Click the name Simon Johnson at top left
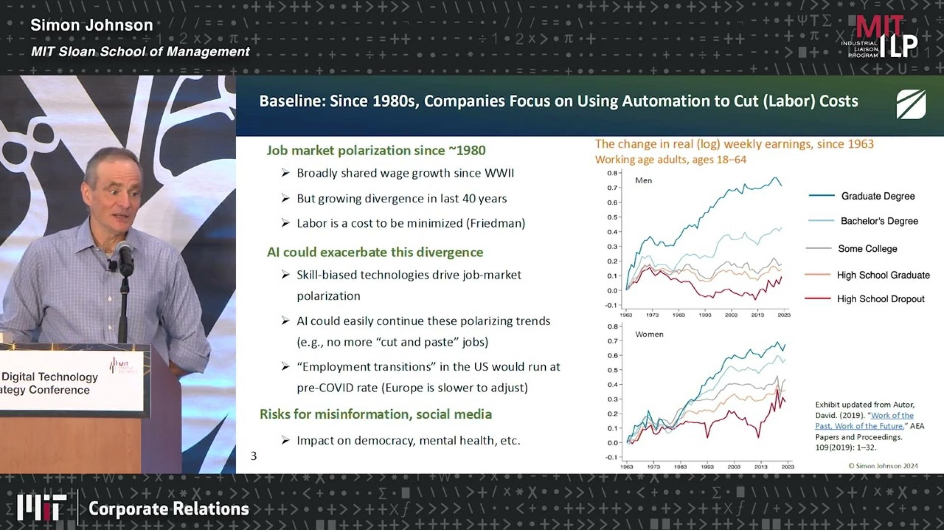92,25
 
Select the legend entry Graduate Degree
877,196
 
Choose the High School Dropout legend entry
880,299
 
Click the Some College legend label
867,249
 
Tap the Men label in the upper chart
643,181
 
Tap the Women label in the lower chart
649,334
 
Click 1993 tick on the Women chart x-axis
707,467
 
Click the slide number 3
253,456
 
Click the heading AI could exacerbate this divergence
375,252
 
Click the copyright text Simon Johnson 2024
883,466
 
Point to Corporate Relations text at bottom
169,509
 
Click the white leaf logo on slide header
911,104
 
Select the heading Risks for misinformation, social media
376,414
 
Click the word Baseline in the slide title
292,101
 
